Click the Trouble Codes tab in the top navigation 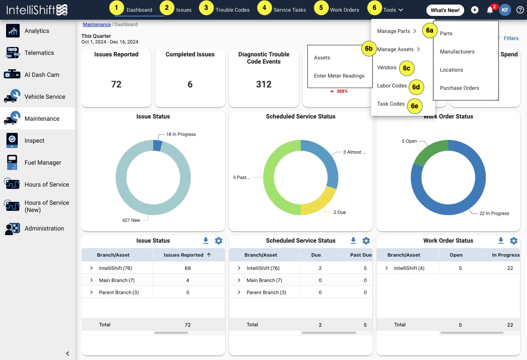click(232, 10)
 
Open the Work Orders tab click(344, 10)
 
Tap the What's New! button click(445, 10)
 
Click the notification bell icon click(490, 10)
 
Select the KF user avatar click(505, 10)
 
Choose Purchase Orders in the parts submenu click(459, 88)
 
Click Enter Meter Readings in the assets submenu click(339, 76)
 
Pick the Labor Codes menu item click(392, 86)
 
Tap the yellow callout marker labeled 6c click(407, 68)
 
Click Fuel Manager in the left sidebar click(43, 162)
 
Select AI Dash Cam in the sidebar click(42, 75)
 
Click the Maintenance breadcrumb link click(97, 25)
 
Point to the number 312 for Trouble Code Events click(264, 84)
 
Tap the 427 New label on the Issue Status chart click(131, 220)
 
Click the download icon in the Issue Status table click(206, 240)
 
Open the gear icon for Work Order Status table click(514, 240)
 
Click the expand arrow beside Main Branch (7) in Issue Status click(92, 280)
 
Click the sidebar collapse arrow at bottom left click(68, 354)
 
